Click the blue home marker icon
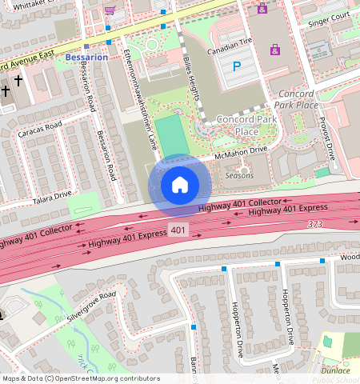pos(180,185)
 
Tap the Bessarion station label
pos(86,58)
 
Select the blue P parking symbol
pos(236,68)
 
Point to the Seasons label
pos(239,175)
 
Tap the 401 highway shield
pos(179,230)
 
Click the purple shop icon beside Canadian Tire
pos(274,50)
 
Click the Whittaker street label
pos(24,5)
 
